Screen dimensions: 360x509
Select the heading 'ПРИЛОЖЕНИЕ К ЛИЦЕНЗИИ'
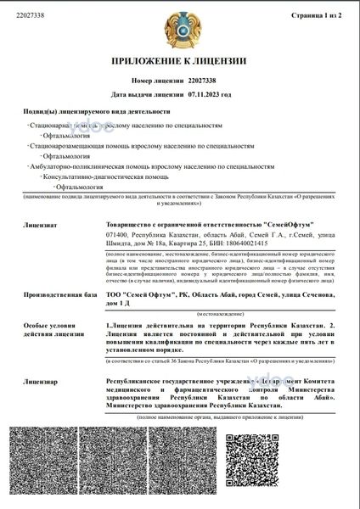(x=179, y=61)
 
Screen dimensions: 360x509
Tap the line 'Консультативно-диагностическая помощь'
(x=99, y=176)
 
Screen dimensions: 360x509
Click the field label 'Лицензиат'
(x=40, y=226)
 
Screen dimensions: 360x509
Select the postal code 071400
(x=118, y=234)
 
